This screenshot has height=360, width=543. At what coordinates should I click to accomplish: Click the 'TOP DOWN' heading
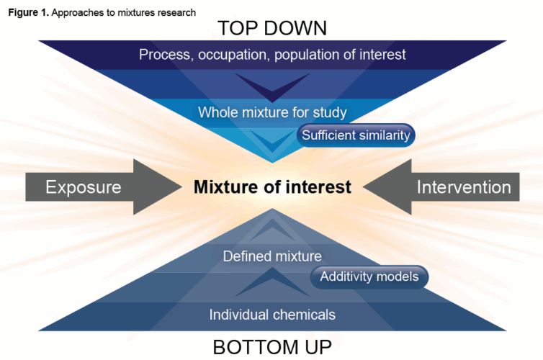(x=271, y=28)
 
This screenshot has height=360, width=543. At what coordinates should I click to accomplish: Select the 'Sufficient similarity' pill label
(x=356, y=135)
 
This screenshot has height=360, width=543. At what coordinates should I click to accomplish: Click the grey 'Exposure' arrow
(x=101, y=188)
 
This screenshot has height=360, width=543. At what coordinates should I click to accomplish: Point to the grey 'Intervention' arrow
(x=446, y=188)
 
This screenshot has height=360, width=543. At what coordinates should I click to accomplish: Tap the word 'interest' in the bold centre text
(x=318, y=188)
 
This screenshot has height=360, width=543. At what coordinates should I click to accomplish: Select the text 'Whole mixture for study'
(x=272, y=112)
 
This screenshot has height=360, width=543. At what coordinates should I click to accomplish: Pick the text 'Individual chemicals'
(x=272, y=315)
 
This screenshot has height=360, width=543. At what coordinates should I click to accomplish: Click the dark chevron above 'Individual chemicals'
(x=272, y=285)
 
